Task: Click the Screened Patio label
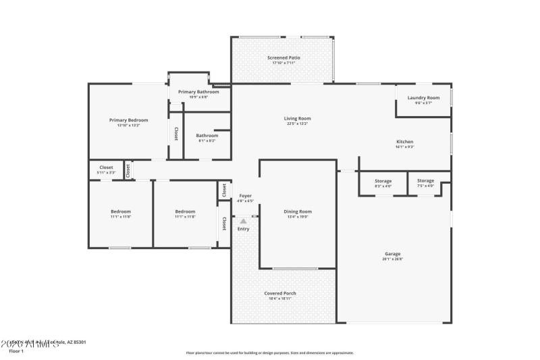pos(283,58)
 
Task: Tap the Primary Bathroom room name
pos(198,92)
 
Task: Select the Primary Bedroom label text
pos(128,120)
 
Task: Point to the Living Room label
pos(297,118)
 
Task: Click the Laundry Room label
pos(423,97)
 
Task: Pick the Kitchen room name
pos(404,141)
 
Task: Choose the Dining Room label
pos(298,211)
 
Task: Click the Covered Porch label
pos(279,293)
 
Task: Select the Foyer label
pos(246,195)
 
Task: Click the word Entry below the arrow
pos(243,229)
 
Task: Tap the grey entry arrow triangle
pos(243,220)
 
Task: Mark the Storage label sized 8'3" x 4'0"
pos(383,180)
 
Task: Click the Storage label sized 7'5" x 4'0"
pos(425,180)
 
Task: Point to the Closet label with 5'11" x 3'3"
pos(106,167)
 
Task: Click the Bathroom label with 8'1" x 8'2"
pos(207,135)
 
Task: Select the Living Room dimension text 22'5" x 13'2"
pos(297,124)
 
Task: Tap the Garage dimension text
pos(393,259)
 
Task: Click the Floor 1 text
pos(16,351)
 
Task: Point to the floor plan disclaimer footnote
pos(269,353)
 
